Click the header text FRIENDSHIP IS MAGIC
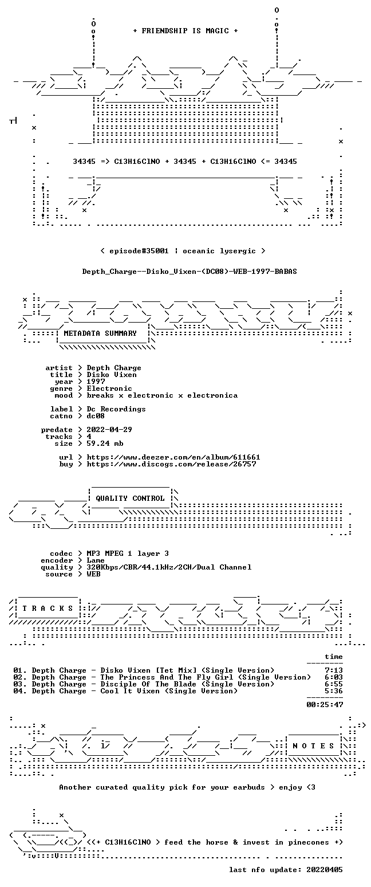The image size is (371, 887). click(185, 31)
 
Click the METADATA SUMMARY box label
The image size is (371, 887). click(100, 333)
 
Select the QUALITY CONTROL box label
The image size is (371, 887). click(130, 498)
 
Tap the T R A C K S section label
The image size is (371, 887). click(48, 608)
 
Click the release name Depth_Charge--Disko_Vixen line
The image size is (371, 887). click(190, 272)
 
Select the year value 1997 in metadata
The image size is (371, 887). click(96, 382)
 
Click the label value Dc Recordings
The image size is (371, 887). click(116, 409)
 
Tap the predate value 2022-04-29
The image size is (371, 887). click(109, 430)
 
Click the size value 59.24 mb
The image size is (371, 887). click(105, 443)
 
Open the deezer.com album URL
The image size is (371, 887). click(173, 457)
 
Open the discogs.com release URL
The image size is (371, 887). click(171, 464)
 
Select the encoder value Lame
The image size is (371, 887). click(96, 560)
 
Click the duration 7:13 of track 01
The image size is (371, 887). click(334, 670)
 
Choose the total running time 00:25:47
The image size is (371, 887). click(325, 704)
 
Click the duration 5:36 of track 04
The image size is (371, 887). click(334, 691)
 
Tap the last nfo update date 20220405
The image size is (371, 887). click(324, 870)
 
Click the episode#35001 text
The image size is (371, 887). click(139, 251)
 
